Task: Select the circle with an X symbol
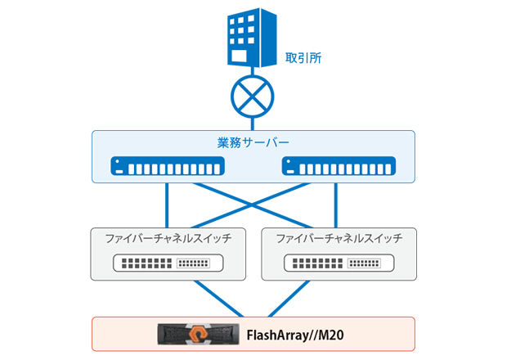[x=253, y=98]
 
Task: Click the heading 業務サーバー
[x=253, y=144]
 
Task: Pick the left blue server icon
[x=167, y=168]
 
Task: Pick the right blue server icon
[x=338, y=168]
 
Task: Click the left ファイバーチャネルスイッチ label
[x=168, y=239]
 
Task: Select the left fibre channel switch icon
[x=168, y=263]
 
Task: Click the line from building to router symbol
[x=253, y=74]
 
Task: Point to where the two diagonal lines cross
[x=253, y=204]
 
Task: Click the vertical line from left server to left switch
[x=167, y=205]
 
